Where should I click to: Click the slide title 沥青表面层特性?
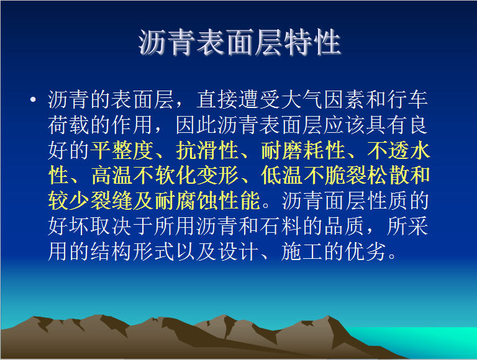pyautogui.click(x=240, y=42)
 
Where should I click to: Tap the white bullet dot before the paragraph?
pyautogui.click(x=33, y=99)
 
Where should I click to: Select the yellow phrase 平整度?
pyautogui.click(x=122, y=150)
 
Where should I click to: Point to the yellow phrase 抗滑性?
pyautogui.click(x=207, y=150)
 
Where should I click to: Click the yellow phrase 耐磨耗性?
pyautogui.click(x=303, y=150)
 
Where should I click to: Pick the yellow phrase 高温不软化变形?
pyautogui.click(x=165, y=176)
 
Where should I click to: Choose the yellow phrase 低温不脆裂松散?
pyautogui.click(x=335, y=176)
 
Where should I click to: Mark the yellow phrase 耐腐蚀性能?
pyautogui.click(x=207, y=200)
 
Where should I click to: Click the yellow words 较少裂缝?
pyautogui.click(x=90, y=200)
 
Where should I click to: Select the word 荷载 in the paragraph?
pyautogui.click(x=69, y=125)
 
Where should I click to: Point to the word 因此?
pyautogui.click(x=196, y=125)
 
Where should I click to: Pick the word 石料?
pyautogui.click(x=281, y=226)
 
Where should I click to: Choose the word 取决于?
pyautogui.click(x=122, y=226)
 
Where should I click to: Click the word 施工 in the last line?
pyautogui.click(x=302, y=251)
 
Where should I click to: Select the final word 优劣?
pyautogui.click(x=366, y=251)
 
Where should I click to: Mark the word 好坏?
pyautogui.click(x=69, y=226)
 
